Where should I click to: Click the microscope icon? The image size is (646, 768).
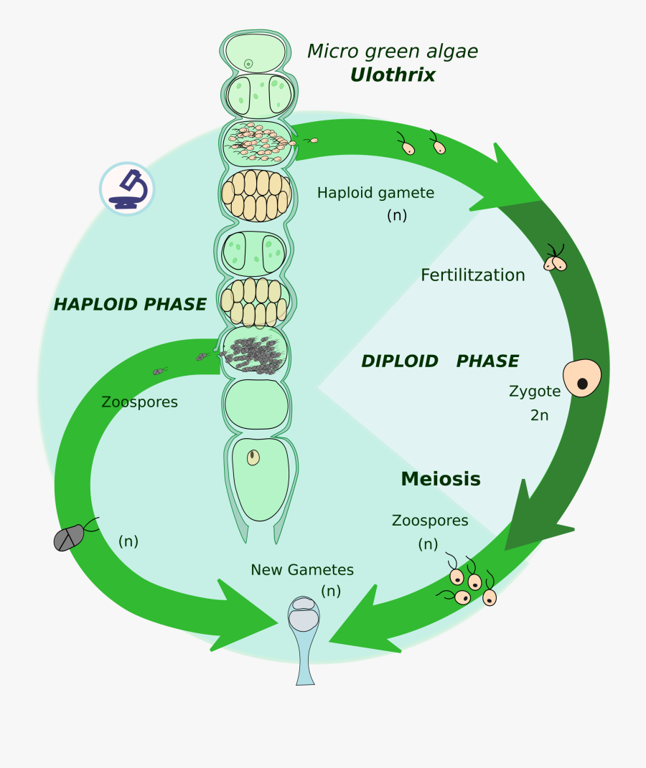(x=127, y=189)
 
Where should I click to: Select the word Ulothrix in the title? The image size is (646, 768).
(x=393, y=75)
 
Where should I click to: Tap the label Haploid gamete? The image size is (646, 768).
(x=375, y=193)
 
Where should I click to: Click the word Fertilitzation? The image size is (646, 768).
(x=472, y=275)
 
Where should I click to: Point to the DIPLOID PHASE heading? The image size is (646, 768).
(x=439, y=361)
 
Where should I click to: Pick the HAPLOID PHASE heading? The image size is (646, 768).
(x=130, y=305)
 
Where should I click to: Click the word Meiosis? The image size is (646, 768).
(x=440, y=479)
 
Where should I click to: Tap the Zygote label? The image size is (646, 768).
(x=534, y=392)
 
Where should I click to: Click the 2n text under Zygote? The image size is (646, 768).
(x=539, y=415)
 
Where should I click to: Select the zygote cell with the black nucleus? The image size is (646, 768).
(x=581, y=378)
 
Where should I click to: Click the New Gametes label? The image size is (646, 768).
(x=302, y=570)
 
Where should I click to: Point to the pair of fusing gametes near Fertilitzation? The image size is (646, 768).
(x=555, y=261)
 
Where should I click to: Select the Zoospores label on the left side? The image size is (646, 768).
(x=139, y=402)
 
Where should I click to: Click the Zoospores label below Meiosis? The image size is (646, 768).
(x=430, y=521)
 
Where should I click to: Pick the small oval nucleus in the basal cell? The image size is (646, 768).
(x=253, y=458)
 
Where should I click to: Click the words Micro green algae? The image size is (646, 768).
(x=392, y=52)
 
